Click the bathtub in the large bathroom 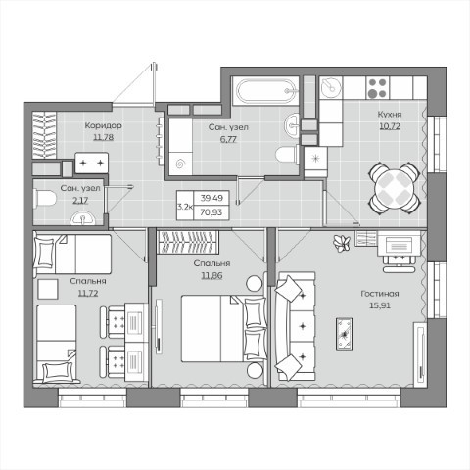[265, 91]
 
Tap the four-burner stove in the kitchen [377, 88]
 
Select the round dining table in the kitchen [395, 188]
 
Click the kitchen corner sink [331, 87]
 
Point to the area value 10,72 [390, 126]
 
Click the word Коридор [104, 125]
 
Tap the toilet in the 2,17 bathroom [45, 198]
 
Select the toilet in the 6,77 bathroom [287, 154]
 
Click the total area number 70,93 [211, 212]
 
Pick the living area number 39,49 [211, 198]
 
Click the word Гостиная [380, 294]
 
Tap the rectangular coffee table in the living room [344, 334]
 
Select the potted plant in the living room [342, 244]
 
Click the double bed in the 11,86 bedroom [224, 328]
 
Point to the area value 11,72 [88, 293]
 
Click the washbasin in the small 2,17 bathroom [83, 218]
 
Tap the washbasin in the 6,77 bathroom [292, 124]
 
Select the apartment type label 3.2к [185, 207]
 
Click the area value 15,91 [380, 305]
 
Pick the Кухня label [390, 115]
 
